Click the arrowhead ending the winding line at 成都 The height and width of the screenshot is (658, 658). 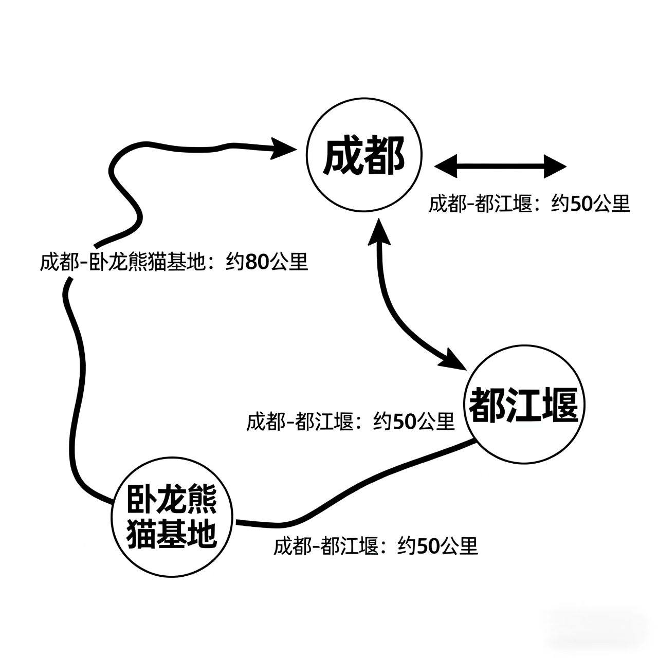(x=282, y=148)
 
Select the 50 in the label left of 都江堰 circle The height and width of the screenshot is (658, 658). (x=404, y=422)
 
